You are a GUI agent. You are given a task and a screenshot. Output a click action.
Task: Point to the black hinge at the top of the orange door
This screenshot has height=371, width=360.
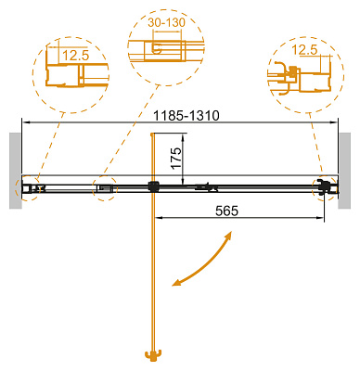click(x=150, y=186)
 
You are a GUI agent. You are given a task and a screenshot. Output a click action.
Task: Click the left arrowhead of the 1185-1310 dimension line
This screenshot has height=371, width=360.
click(x=25, y=121)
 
